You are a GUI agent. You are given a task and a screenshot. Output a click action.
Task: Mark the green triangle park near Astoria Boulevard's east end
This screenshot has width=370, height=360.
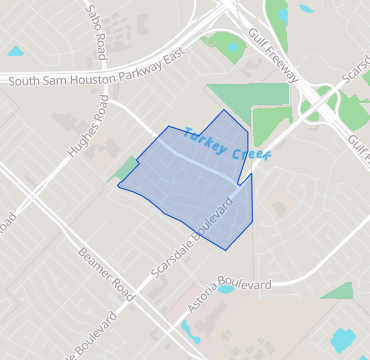click(339, 291)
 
